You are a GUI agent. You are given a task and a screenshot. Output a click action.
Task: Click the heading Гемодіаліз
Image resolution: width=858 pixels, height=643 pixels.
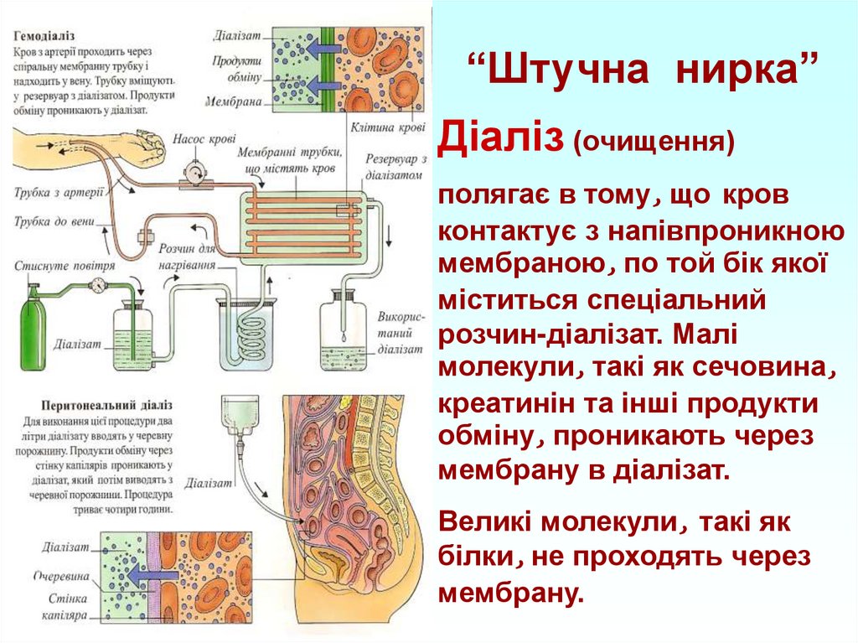[44, 38]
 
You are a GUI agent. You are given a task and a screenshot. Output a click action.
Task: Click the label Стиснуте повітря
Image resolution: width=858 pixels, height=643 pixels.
[54, 266]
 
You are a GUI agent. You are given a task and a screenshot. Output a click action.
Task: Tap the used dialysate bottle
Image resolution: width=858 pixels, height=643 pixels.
[343, 331]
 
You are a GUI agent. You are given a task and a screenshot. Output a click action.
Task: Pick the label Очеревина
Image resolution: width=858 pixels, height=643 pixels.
[59, 577]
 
